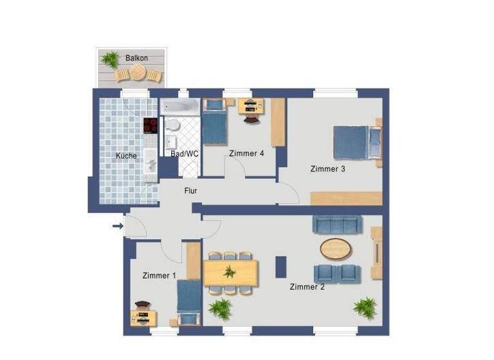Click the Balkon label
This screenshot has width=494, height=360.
pyautogui.click(x=137, y=58)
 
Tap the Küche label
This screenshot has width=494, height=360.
pyautogui.click(x=126, y=156)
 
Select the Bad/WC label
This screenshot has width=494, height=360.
pyautogui.click(x=185, y=154)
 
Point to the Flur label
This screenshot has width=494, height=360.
pyautogui.click(x=190, y=191)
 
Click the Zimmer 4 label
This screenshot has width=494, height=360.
pyautogui.click(x=246, y=153)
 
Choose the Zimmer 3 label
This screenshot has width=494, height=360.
pyautogui.click(x=328, y=169)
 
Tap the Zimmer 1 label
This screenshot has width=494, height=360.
pyautogui.click(x=159, y=275)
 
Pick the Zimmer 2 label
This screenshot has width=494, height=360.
pyautogui.click(x=307, y=287)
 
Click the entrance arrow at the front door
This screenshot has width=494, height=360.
pyautogui.click(x=117, y=226)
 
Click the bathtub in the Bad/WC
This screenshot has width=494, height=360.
pyautogui.click(x=180, y=107)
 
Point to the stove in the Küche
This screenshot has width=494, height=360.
pyautogui.click(x=151, y=125)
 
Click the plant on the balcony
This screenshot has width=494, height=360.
pyautogui.click(x=111, y=59)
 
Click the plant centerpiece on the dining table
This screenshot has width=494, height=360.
pyautogui.click(x=230, y=272)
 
